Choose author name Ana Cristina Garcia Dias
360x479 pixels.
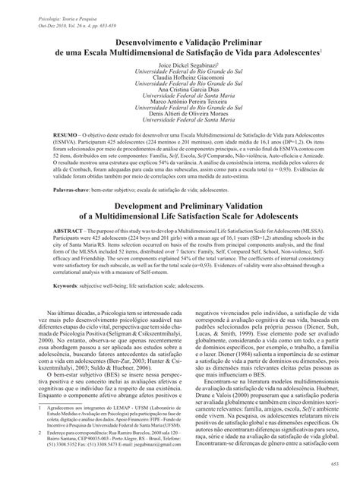(180, 90)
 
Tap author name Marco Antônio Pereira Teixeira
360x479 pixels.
(180, 103)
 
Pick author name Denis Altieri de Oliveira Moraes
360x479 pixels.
(180, 116)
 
